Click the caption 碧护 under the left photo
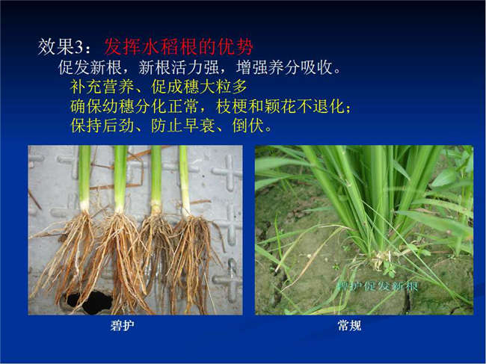pos(123,326)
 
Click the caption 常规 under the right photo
pos(349,326)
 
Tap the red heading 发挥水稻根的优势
pos(179,47)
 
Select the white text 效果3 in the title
pos(60,47)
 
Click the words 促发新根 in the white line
pos(90,67)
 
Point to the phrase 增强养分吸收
pos(284,67)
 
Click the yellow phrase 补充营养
pos(102,87)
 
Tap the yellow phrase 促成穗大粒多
pos(200,87)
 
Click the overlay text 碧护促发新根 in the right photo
pos(377,286)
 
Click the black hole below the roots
pos(89,301)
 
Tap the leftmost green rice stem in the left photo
pos(84,176)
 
